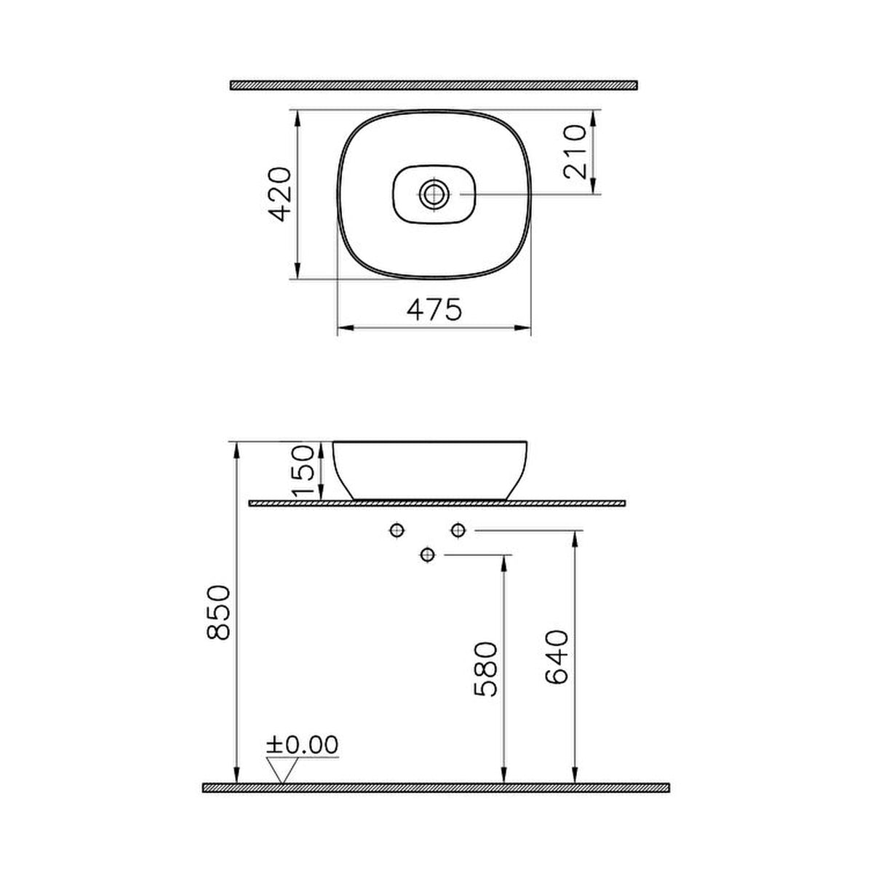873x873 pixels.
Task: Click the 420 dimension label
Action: [279, 194]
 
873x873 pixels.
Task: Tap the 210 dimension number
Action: [575, 152]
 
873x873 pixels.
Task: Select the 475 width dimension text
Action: [434, 309]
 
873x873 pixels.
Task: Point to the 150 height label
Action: [303, 471]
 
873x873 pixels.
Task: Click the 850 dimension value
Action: [218, 613]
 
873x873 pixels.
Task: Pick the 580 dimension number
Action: [485, 669]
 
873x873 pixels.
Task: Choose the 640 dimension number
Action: [557, 656]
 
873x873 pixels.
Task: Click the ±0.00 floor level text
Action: [302, 744]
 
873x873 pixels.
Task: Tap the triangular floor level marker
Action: [282, 770]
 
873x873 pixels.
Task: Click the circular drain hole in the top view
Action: [434, 194]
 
